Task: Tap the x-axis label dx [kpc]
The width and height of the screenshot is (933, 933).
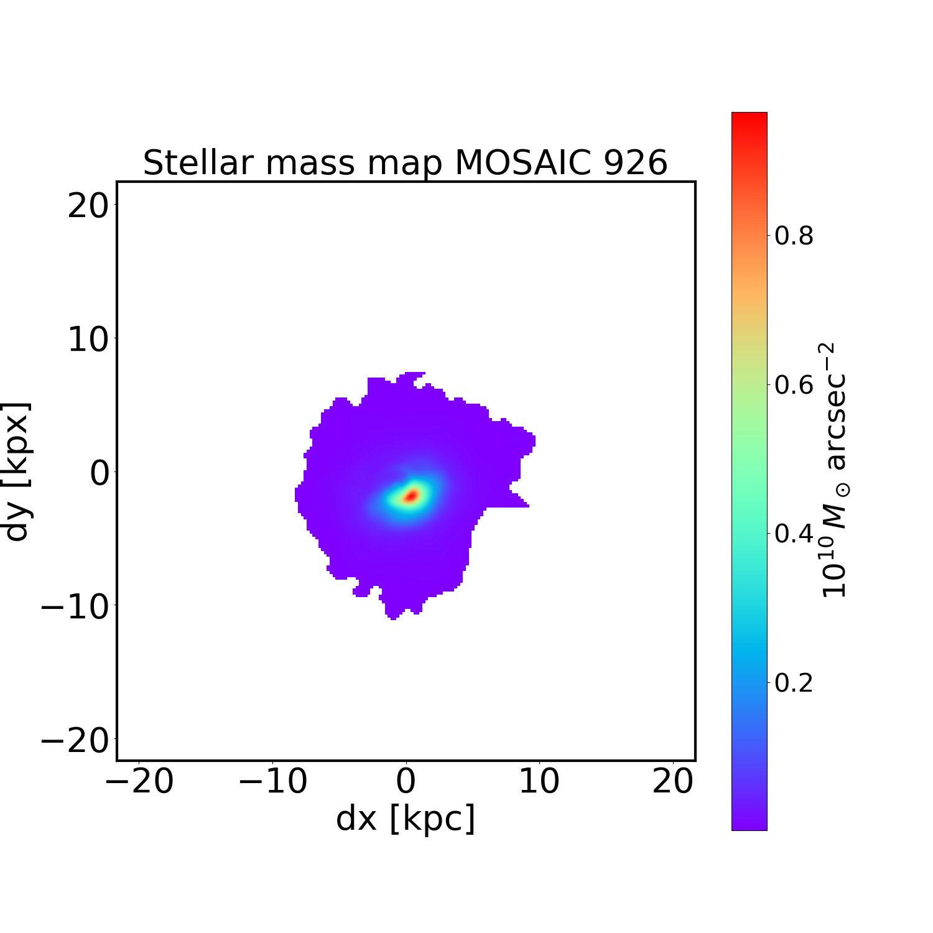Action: click(x=406, y=819)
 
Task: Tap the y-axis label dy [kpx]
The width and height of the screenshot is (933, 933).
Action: click(x=17, y=471)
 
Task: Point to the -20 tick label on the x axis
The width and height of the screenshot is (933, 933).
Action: click(x=139, y=781)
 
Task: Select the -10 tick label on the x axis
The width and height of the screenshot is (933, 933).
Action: click(x=272, y=781)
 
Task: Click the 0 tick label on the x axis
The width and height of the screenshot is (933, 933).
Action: click(x=406, y=781)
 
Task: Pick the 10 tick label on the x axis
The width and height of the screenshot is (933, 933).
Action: click(x=539, y=781)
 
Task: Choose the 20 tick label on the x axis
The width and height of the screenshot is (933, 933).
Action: click(x=673, y=781)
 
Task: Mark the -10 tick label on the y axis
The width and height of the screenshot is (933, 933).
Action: click(x=76, y=606)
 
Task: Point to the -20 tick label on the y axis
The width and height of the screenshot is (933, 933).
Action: click(x=76, y=740)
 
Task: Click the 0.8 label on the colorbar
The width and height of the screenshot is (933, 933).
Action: click(x=794, y=236)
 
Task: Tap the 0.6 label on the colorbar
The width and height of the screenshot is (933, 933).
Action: click(x=794, y=385)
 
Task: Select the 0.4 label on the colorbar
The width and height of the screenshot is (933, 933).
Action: click(x=794, y=534)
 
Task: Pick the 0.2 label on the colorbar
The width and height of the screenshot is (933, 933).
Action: click(x=794, y=683)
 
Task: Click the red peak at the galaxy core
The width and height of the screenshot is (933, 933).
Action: click(x=411, y=496)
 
